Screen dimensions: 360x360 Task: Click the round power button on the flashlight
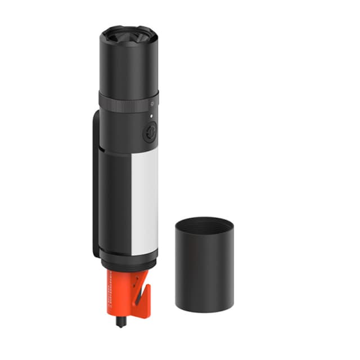[150, 132]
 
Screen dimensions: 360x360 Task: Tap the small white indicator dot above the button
[151, 116]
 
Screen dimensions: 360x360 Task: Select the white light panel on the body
[145, 202]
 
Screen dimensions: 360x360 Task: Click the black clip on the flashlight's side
[95, 186]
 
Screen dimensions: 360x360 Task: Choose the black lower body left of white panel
[115, 202]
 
